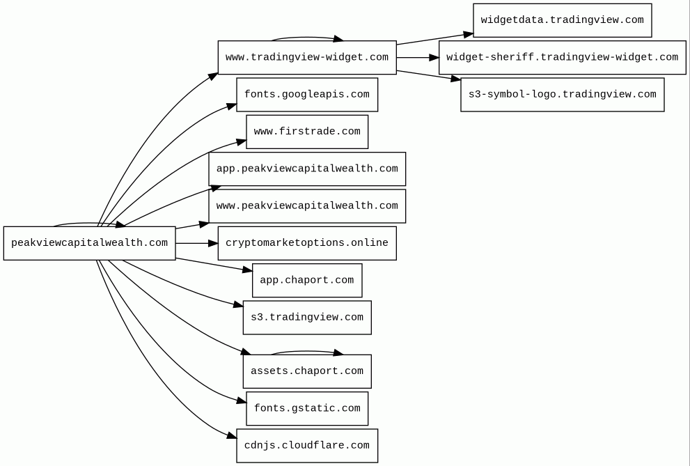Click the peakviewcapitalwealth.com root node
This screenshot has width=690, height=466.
pyautogui.click(x=89, y=243)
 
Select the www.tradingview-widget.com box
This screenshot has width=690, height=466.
pyautogui.click(x=307, y=58)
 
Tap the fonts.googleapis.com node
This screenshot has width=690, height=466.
pyautogui.click(x=307, y=95)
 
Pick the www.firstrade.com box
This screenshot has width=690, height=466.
pyautogui.click(x=307, y=132)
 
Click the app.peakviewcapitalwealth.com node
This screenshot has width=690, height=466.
pyautogui.click(x=307, y=169)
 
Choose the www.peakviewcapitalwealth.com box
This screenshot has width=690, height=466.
pyautogui.click(x=307, y=206)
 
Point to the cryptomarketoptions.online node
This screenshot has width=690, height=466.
pyautogui.click(x=307, y=243)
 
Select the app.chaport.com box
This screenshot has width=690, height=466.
pyautogui.click(x=307, y=280)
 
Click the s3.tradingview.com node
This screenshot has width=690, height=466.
pyautogui.click(x=307, y=318)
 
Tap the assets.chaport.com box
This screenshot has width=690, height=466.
pyautogui.click(x=307, y=371)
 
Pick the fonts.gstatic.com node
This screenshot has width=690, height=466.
pyautogui.click(x=307, y=408)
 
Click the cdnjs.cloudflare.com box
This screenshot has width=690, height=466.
pyautogui.click(x=307, y=446)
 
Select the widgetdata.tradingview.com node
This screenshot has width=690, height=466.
pyautogui.click(x=563, y=20)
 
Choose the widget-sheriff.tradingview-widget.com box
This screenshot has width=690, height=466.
pyautogui.click(x=563, y=58)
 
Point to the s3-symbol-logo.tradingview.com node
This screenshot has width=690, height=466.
pyautogui.click(x=563, y=95)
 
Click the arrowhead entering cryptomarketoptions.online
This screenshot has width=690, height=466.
pyautogui.click(x=213, y=243)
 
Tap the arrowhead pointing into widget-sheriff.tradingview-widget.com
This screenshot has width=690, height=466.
pyautogui.click(x=434, y=58)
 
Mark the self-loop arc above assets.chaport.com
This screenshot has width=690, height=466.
pyautogui.click(x=307, y=352)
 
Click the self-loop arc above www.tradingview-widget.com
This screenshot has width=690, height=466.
pyautogui.click(x=307, y=38)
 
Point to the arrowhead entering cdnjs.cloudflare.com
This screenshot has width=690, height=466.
pyautogui.click(x=233, y=435)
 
